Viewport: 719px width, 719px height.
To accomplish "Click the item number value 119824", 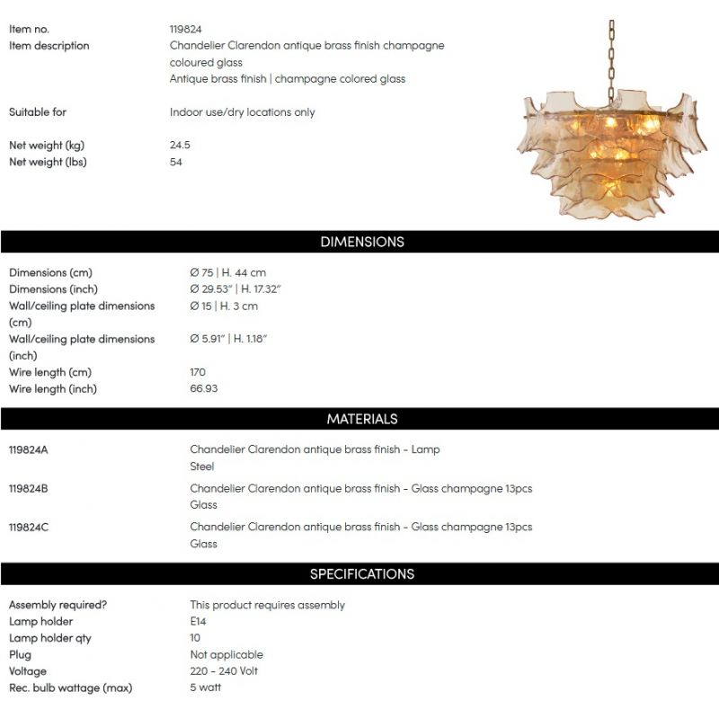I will tap(186, 29).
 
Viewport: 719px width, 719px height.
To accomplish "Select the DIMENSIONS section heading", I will tap(362, 242).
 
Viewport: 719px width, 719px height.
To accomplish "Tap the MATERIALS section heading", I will tap(362, 419).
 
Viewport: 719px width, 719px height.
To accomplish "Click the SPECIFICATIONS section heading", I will tap(362, 574).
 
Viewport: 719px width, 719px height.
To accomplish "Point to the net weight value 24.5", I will tap(180, 146).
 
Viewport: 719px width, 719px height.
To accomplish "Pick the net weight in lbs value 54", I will tap(176, 162).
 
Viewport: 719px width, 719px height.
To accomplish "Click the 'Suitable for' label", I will tap(38, 112).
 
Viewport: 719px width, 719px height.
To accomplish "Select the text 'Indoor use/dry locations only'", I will tap(243, 112).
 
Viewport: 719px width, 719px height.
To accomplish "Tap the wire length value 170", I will tap(198, 372).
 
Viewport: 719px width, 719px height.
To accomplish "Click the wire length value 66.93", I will tap(204, 389).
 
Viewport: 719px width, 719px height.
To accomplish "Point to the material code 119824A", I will tap(29, 449).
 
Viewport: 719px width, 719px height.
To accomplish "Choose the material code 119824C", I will tap(29, 528).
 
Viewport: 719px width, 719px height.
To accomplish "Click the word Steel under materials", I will tap(202, 466).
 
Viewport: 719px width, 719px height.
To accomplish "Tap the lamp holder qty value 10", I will tap(196, 638).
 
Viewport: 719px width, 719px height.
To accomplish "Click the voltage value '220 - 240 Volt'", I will tap(225, 671).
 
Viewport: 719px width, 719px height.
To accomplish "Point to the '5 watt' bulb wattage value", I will tap(206, 688).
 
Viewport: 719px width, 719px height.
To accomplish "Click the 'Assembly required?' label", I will tap(58, 605).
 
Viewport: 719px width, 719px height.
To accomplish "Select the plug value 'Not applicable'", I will tap(226, 655).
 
